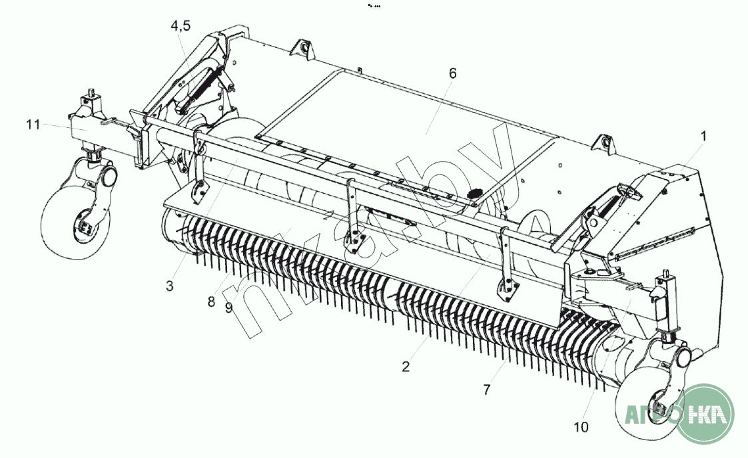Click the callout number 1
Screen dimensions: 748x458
[703, 136]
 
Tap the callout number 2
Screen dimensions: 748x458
[406, 367]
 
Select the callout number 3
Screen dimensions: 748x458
[170, 286]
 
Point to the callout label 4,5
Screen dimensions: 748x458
[181, 25]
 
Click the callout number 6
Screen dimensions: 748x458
[453, 73]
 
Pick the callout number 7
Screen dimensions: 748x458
[487, 390]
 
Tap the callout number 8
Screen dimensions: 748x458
[211, 302]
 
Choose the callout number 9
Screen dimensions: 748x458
[228, 308]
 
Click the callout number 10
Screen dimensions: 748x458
[581, 427]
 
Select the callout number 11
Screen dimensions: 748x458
[33, 125]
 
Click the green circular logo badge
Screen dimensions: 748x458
[705, 413]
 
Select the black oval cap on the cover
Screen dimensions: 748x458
[474, 194]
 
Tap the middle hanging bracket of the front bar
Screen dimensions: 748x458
[352, 217]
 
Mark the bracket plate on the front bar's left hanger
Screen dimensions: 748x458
[198, 192]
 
